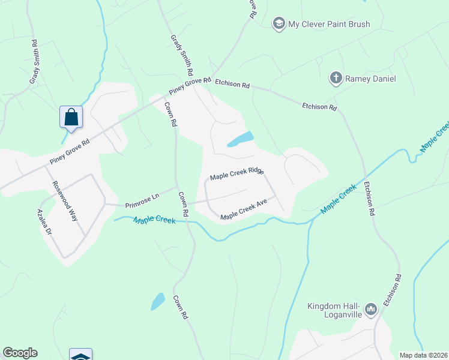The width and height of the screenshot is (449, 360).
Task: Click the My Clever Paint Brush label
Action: [x=329, y=25]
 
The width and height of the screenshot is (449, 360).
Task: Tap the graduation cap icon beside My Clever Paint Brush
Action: [x=279, y=25]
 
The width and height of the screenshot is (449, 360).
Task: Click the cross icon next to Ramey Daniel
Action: [x=336, y=78]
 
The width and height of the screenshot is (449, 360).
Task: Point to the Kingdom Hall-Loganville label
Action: [x=333, y=310]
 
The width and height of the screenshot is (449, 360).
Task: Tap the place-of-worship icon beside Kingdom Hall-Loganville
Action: [x=370, y=310]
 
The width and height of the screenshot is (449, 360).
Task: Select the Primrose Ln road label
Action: [x=142, y=197]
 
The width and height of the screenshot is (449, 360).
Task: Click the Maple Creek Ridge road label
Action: [x=237, y=174]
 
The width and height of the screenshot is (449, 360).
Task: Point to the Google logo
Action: [x=20, y=353]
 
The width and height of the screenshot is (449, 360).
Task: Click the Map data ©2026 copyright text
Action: [x=424, y=355]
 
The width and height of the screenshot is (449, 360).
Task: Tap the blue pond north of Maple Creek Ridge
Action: [x=241, y=140]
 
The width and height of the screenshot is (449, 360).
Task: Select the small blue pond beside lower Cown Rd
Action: [x=157, y=301]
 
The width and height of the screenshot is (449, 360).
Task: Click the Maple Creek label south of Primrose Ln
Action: [x=154, y=220]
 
